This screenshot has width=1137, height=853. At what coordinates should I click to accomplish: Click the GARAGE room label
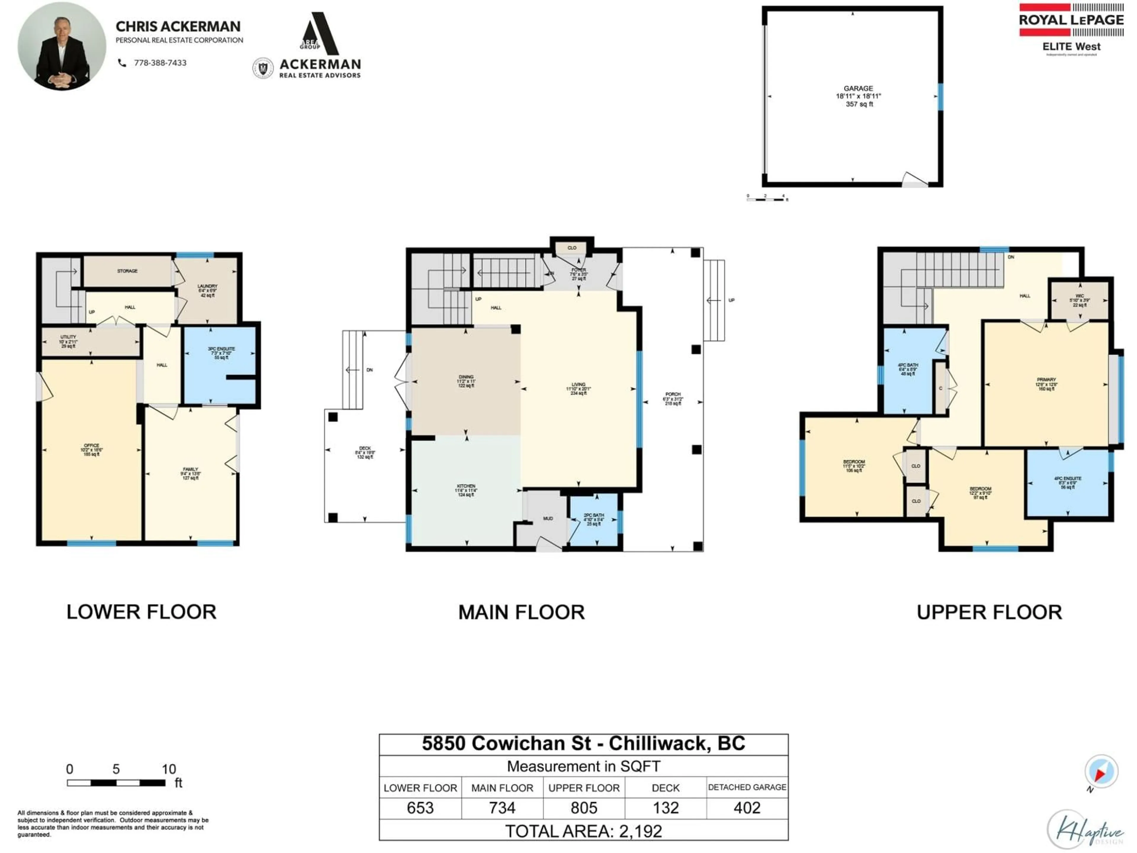click(858, 89)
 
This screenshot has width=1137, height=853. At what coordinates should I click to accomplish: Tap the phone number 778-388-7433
click(160, 63)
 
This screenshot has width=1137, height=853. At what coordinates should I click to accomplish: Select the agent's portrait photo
click(62, 46)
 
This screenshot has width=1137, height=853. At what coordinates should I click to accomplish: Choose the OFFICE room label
click(91, 449)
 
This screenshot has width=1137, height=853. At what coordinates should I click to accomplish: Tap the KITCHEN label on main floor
click(466, 490)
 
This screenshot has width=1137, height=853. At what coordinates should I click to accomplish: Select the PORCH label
click(673, 398)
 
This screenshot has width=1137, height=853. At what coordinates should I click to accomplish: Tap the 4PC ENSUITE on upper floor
click(1068, 482)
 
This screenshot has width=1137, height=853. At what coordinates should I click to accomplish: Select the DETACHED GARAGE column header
click(747, 787)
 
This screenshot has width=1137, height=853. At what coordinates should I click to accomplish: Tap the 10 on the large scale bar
click(168, 769)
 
